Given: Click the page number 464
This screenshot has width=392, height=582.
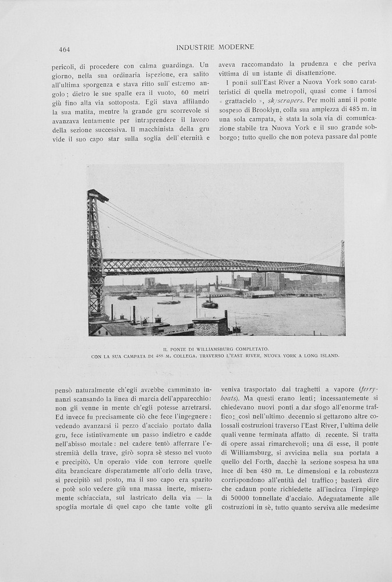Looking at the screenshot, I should tap(64, 49).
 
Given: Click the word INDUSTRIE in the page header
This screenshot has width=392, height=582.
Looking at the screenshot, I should tap(195, 47).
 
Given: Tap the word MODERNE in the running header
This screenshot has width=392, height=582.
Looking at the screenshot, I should tap(236, 47).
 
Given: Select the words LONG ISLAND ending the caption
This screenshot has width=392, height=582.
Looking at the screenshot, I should tap(320, 356).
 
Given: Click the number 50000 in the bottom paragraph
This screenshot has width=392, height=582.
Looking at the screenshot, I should tap(238, 498).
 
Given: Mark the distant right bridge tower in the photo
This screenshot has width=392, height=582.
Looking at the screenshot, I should tap(342, 265).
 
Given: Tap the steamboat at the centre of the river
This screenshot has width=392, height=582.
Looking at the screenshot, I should tap(210, 304).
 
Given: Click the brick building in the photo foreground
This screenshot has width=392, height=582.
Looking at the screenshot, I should tap(210, 327).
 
